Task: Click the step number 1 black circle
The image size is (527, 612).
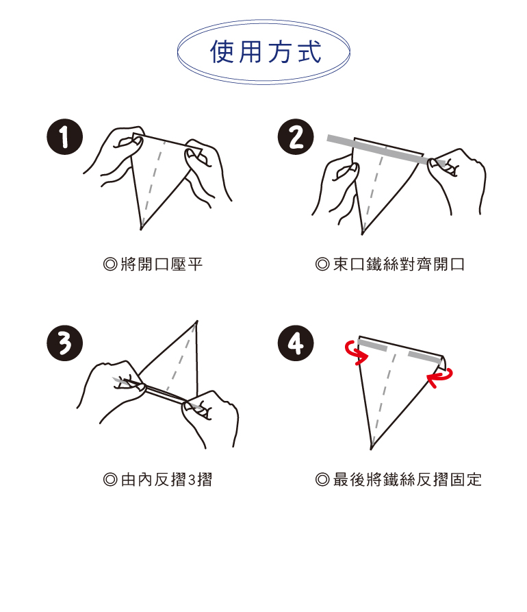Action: [x=65, y=137]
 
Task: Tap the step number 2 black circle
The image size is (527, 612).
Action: [x=296, y=137]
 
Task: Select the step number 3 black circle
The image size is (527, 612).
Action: [x=65, y=343]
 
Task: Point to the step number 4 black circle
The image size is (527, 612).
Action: [x=296, y=343]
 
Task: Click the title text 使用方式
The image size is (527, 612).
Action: [x=266, y=51]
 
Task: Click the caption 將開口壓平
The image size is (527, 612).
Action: [x=162, y=265]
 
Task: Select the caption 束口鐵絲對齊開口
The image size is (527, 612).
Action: [x=399, y=265]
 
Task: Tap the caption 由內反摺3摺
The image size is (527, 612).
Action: [x=166, y=479]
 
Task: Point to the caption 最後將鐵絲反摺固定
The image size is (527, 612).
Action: [x=407, y=479]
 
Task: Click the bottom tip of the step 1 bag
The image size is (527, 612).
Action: [x=141, y=229]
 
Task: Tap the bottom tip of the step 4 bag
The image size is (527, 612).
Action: [x=372, y=449]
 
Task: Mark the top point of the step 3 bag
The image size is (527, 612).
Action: [x=196, y=321]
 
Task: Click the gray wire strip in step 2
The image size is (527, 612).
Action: [x=386, y=149]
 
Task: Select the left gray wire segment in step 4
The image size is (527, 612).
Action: [x=372, y=345]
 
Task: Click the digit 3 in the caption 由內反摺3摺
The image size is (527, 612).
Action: [x=192, y=480]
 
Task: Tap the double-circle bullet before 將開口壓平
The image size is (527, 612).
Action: [x=110, y=265]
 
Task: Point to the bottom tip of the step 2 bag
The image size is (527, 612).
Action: [x=362, y=234]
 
